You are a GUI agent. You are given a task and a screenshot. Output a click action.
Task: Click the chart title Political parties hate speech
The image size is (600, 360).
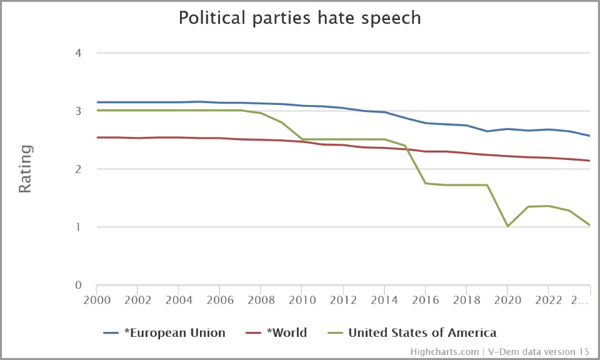[300, 17]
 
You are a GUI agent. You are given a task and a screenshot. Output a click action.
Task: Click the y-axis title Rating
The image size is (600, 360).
[25, 169]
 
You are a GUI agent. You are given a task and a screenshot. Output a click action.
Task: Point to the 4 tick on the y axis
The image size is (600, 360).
[78, 53]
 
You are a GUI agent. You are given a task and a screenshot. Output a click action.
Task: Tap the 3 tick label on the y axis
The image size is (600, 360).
[78, 111]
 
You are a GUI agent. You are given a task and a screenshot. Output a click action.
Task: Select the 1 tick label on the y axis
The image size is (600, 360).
[78, 227]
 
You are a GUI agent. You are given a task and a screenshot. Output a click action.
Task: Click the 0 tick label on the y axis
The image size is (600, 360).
[78, 286]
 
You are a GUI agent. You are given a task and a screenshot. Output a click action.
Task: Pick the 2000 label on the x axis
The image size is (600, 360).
[97, 299]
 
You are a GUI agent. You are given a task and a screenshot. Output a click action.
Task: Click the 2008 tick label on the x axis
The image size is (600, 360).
[261, 299]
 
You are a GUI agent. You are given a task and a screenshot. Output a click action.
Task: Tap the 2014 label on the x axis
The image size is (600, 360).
[384, 299]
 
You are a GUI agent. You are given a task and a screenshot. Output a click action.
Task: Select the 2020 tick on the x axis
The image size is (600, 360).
[507, 299]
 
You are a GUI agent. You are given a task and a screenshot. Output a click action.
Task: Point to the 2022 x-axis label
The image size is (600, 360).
[549, 299]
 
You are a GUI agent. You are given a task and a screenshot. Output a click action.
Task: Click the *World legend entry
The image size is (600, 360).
[286, 332]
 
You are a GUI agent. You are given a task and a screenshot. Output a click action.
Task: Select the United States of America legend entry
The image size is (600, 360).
[422, 332]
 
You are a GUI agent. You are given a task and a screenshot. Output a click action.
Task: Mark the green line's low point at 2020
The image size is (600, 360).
[507, 226]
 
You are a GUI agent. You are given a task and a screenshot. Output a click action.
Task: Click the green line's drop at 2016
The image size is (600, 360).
[426, 183]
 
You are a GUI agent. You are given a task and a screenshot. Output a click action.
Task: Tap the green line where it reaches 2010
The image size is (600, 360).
[302, 139]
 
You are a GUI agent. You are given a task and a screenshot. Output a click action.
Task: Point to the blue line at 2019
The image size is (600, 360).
[487, 131]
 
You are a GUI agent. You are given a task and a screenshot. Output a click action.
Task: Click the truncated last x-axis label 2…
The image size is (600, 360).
[581, 299]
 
